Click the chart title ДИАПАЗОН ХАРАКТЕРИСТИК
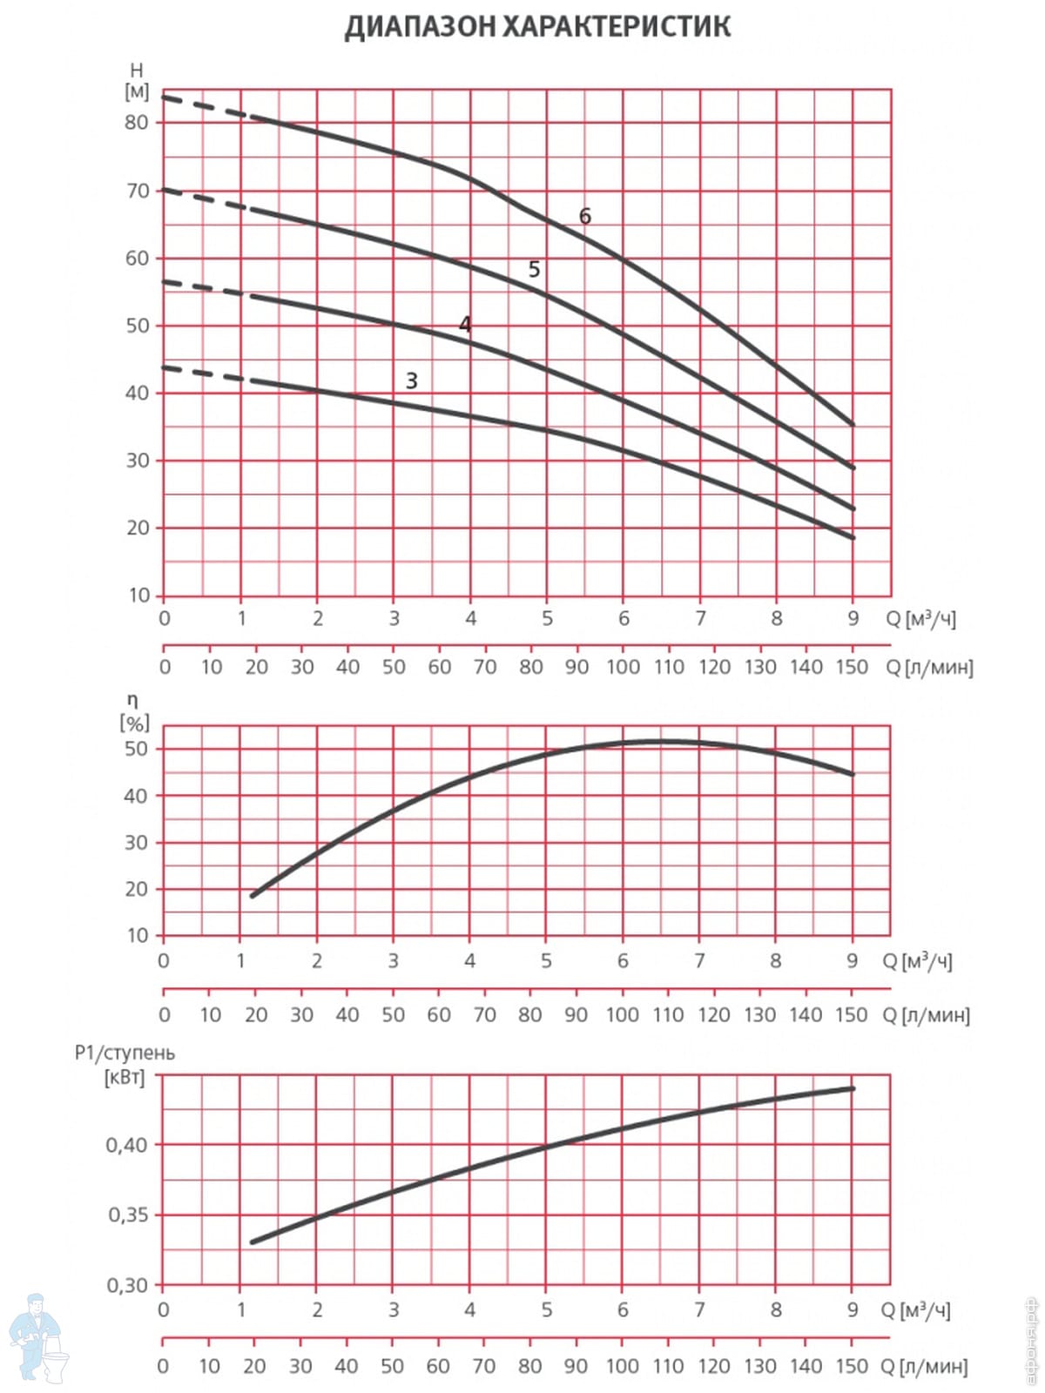537,27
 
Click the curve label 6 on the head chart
585,216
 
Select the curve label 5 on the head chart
534,270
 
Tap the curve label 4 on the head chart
465,325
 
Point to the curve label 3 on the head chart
412,380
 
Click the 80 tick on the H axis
137,123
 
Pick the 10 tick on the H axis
139,596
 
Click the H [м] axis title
137,81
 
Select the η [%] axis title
134,712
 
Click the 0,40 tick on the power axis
126,1145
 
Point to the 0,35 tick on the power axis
126,1215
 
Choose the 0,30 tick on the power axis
126,1285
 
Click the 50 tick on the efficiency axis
137,749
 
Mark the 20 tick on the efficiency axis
137,889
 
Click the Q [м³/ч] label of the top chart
920,618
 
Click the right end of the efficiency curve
853,774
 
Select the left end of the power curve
253,1242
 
